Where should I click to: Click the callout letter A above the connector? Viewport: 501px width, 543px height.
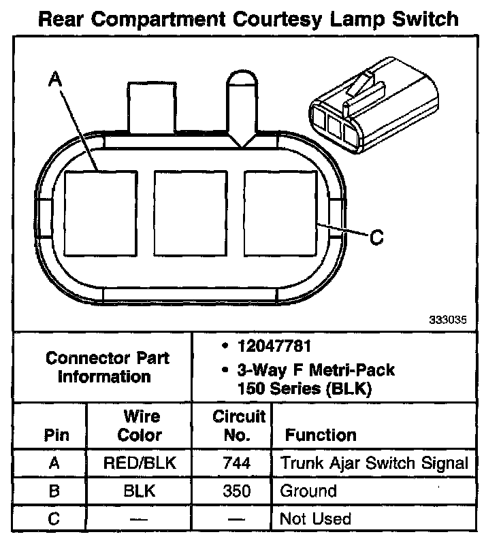click(55, 80)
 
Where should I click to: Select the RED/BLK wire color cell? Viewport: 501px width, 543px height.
click(140, 464)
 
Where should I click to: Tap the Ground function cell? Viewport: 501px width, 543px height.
click(308, 491)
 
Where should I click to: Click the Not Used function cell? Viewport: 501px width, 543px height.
click(315, 519)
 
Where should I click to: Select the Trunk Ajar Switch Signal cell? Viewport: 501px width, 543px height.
click(374, 464)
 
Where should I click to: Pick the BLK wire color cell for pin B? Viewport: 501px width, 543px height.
click(140, 491)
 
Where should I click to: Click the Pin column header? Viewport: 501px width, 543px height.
click(56, 435)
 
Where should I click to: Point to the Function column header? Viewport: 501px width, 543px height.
click(320, 435)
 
